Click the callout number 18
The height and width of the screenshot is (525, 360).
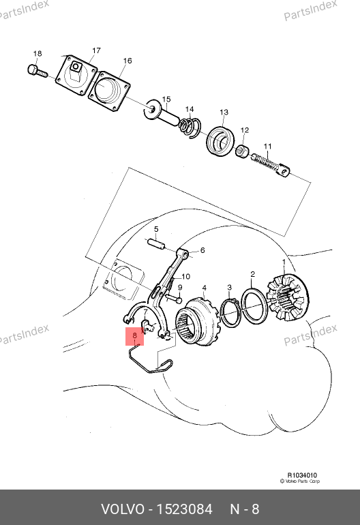click(x=37, y=54)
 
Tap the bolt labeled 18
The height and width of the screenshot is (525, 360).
click(x=37, y=72)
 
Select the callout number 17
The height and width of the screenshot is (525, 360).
click(x=96, y=50)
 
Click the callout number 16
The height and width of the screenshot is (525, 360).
click(x=127, y=61)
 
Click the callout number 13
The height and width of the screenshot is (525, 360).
click(x=224, y=112)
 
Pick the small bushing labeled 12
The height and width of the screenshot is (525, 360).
click(x=242, y=151)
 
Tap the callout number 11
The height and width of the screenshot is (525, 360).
click(x=267, y=147)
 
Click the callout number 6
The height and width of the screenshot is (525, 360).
click(x=202, y=250)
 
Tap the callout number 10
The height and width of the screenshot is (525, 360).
click(x=186, y=277)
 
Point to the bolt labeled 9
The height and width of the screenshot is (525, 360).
click(x=173, y=298)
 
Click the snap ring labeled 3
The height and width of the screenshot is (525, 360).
click(x=230, y=312)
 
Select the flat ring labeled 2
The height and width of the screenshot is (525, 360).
click(x=255, y=306)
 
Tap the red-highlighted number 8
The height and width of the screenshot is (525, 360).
click(x=134, y=335)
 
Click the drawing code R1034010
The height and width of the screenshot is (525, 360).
click(x=302, y=475)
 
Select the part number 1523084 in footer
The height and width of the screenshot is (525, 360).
click(x=185, y=509)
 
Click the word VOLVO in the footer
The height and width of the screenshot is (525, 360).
click(x=123, y=509)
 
